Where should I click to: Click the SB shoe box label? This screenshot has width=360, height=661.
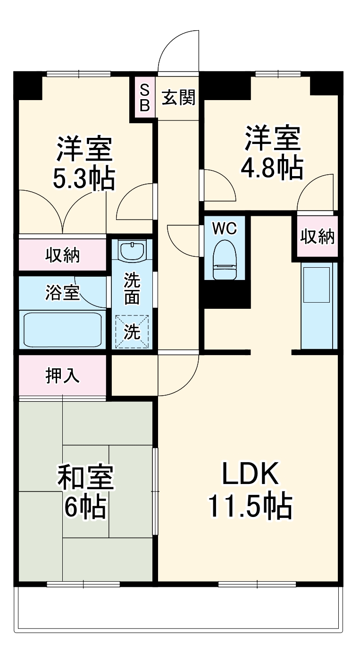(145, 97)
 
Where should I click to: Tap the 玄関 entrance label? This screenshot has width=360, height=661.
(178, 98)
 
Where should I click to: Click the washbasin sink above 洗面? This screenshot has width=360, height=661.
(132, 250)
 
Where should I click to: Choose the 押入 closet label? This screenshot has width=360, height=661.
(62, 375)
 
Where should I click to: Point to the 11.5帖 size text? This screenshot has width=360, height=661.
(250, 506)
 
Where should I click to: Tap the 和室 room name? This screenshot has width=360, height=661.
(85, 478)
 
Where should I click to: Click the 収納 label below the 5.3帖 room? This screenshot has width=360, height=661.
(62, 255)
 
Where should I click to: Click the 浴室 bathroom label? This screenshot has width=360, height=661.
(62, 292)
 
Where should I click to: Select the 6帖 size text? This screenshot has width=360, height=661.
(85, 508)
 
